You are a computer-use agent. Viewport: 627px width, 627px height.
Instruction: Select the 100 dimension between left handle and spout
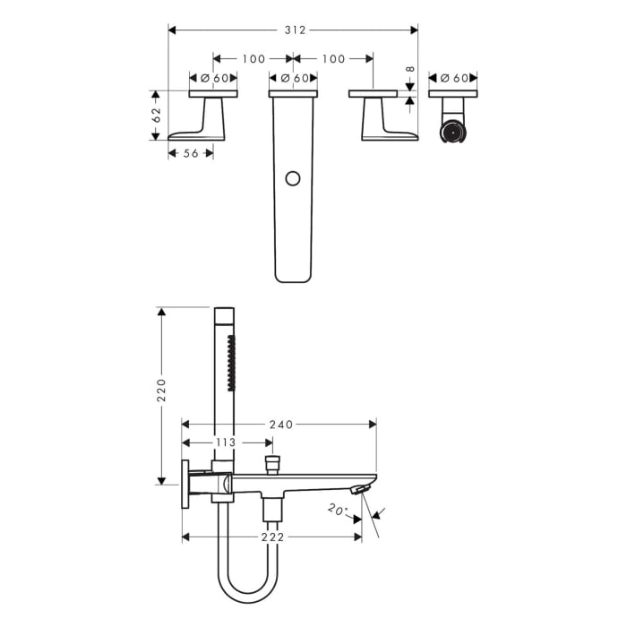(x=253, y=59)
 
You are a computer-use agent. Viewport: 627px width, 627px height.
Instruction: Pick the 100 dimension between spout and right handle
(x=333, y=59)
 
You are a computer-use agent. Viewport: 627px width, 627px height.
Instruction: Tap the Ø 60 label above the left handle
(x=213, y=78)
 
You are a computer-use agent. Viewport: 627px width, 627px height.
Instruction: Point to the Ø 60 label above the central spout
(x=293, y=78)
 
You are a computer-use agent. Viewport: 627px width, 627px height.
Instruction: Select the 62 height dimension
(x=156, y=115)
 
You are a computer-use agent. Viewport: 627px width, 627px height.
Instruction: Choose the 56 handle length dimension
(x=190, y=153)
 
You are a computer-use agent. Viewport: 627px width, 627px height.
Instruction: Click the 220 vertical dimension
(x=162, y=390)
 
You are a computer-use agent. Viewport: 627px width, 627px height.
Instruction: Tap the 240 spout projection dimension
(x=281, y=424)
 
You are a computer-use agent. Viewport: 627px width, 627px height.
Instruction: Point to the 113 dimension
(x=225, y=442)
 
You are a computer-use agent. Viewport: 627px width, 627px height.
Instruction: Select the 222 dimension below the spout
(x=272, y=537)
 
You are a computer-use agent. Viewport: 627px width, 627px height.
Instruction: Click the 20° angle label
(x=337, y=510)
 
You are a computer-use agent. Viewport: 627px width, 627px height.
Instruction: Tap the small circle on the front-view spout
(x=292, y=179)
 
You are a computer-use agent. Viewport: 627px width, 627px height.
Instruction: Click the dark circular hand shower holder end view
(x=453, y=133)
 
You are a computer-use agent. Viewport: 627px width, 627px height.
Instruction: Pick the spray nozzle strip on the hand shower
(x=231, y=364)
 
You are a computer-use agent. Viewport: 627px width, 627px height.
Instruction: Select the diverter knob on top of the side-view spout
(x=272, y=464)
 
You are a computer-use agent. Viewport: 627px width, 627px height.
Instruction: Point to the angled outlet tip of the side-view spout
(x=359, y=489)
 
